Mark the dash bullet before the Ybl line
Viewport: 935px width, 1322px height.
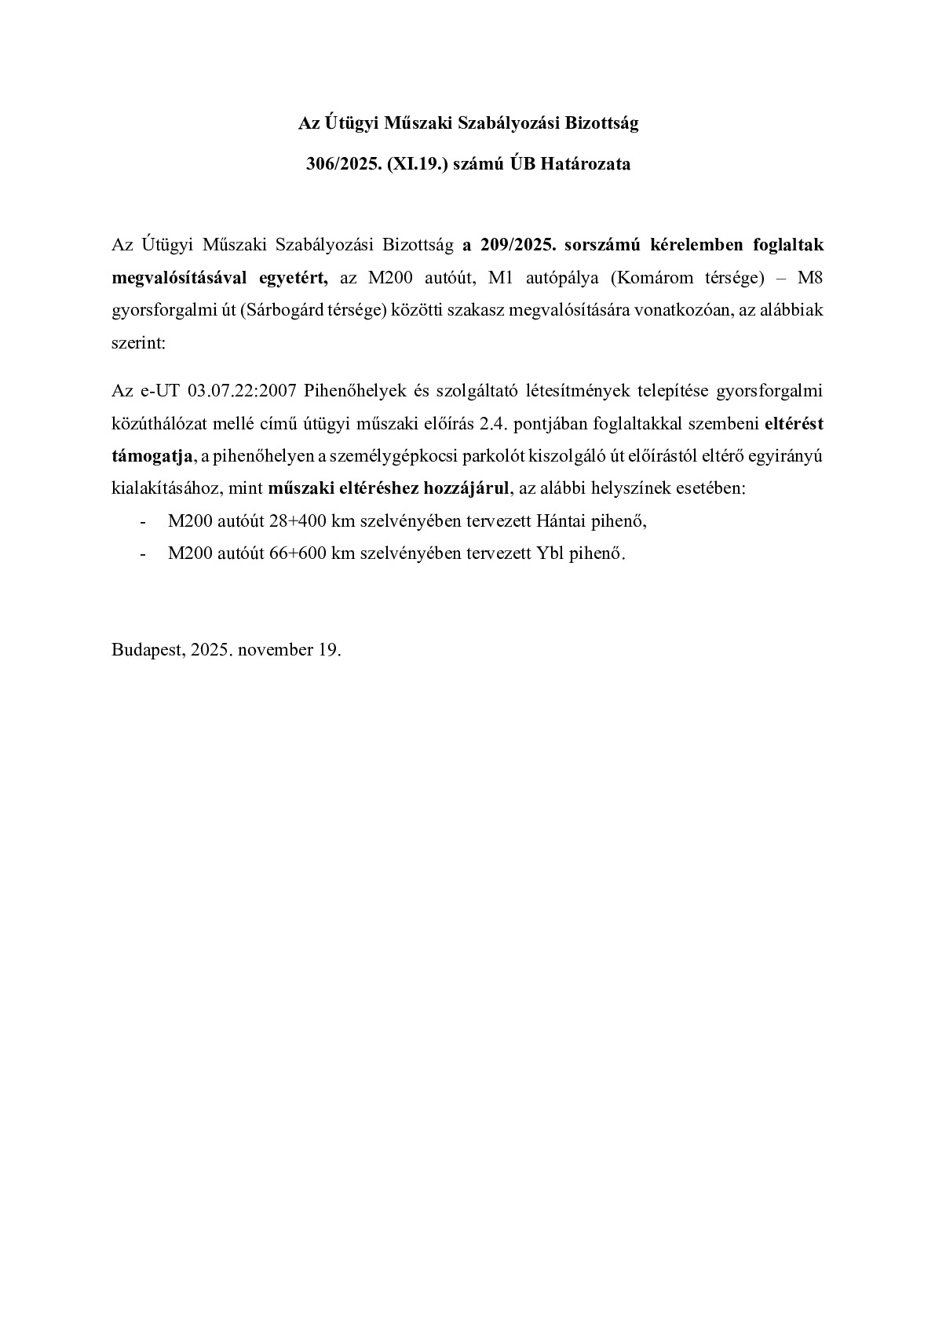[x=142, y=553]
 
